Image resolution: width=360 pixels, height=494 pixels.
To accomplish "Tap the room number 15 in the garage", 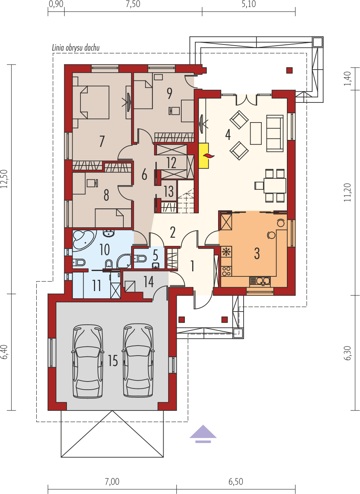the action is coord(113,361).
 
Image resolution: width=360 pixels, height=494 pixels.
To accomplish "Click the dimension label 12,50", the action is coord(4,179).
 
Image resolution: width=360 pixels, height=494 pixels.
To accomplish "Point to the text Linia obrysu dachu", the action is coord(76,48).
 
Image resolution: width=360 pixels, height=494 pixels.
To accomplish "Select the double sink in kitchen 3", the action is coord(260,281).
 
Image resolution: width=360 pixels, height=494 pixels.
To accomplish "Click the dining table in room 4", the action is coord(275,186).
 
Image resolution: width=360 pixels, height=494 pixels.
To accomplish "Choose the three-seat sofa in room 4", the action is coord(275,133).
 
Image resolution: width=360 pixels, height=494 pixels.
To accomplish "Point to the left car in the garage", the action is coord(87,362).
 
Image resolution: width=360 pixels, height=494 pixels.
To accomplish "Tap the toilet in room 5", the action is coord(140,258).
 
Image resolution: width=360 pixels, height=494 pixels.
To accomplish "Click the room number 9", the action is coord(169,94).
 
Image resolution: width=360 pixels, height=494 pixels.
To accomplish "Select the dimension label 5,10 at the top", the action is coord(249,4).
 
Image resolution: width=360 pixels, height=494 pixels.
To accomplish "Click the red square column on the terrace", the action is coord(289,70).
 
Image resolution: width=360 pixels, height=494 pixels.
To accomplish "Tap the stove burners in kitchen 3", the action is coord(226,271).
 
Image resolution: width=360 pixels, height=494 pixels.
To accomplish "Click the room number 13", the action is coord(169,191).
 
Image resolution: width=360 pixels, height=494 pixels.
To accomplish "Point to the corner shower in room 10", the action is coord(124,261).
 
